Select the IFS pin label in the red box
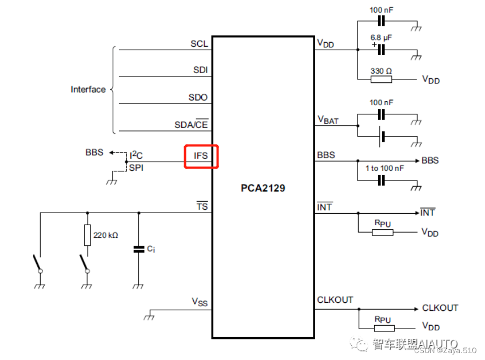[200, 155]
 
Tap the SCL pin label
[199, 43]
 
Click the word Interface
[88, 89]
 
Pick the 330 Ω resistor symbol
[381, 79]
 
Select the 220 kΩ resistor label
[105, 235]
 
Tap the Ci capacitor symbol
[138, 249]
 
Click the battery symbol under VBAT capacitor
[381, 137]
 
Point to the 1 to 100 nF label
[384, 169]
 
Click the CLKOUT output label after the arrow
[440, 308]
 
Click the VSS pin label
[200, 302]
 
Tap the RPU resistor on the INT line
[382, 232]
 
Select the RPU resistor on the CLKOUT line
[382, 328]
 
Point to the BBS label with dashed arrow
[94, 153]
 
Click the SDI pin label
[200, 70]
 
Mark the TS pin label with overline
[202, 206]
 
